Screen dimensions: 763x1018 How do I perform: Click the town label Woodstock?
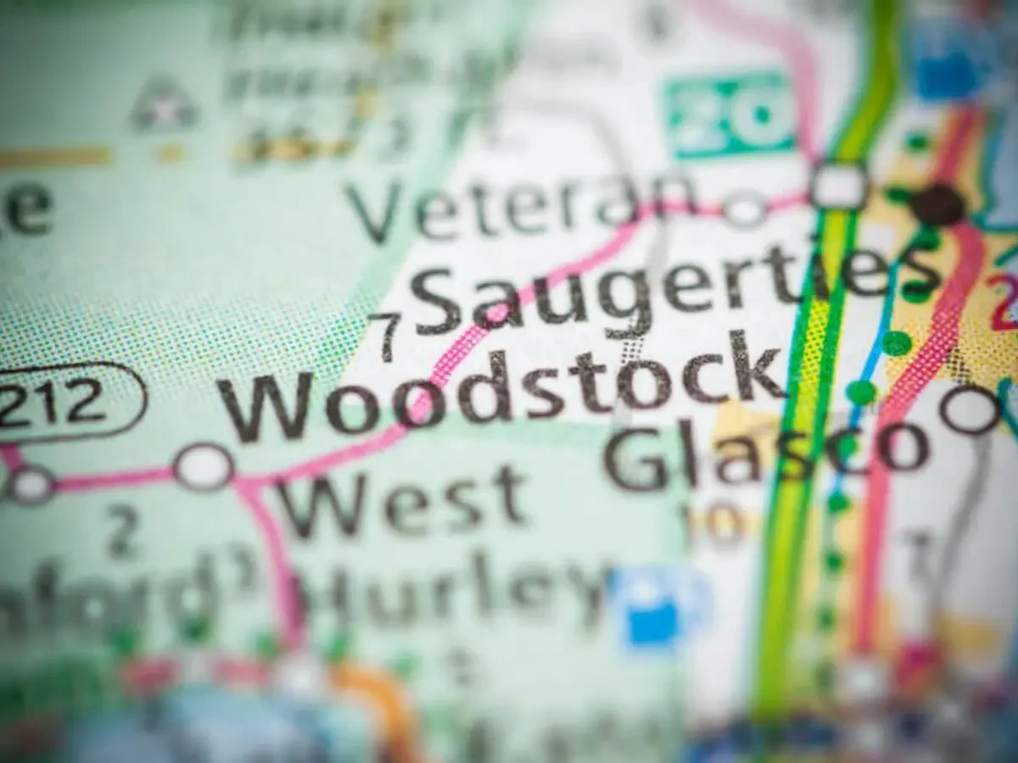501,386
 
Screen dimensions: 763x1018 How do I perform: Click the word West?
403,501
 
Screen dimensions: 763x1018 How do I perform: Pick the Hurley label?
462,584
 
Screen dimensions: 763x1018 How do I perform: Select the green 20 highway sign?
730,115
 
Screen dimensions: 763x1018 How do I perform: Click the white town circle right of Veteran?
746,209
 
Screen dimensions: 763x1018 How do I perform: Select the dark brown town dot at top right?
937,204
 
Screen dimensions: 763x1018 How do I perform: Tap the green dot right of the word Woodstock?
861,393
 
